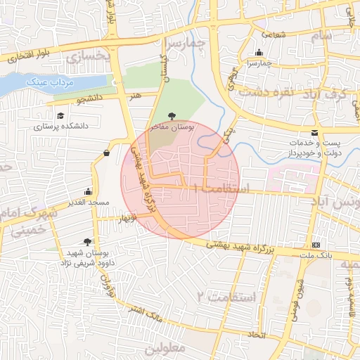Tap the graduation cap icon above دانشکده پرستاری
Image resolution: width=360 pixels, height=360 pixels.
(x=60, y=116)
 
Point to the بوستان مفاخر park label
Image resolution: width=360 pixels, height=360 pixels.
(x=170, y=127)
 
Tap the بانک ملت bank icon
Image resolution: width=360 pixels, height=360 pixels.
(x=314, y=245)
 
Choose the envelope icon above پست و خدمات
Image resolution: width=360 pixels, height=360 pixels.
(x=314, y=133)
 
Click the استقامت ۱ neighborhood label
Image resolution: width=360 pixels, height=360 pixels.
(x=225, y=188)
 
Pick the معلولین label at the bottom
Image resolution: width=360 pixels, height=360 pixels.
(x=164, y=348)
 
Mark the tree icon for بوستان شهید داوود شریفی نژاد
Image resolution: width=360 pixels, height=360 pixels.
(x=88, y=241)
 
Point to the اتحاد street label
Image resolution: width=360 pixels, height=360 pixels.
(x=258, y=335)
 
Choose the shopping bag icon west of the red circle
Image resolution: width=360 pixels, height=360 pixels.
(x=106, y=153)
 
